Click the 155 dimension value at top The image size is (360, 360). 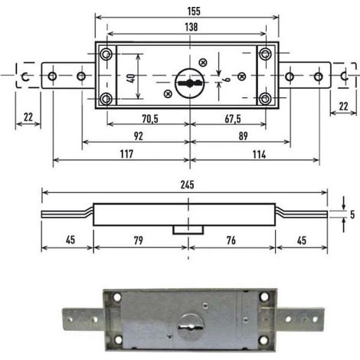(x=194, y=11)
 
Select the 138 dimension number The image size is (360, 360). (x=191, y=27)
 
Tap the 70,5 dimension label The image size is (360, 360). (x=150, y=119)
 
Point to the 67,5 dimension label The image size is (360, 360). (x=233, y=119)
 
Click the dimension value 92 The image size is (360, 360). (x=139, y=136)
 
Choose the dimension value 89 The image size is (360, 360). (x=243, y=136)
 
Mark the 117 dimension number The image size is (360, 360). (x=126, y=154)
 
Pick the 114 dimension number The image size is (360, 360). (x=259, y=155)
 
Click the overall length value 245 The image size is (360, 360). (x=187, y=185)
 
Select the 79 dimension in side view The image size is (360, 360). (x=139, y=241)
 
